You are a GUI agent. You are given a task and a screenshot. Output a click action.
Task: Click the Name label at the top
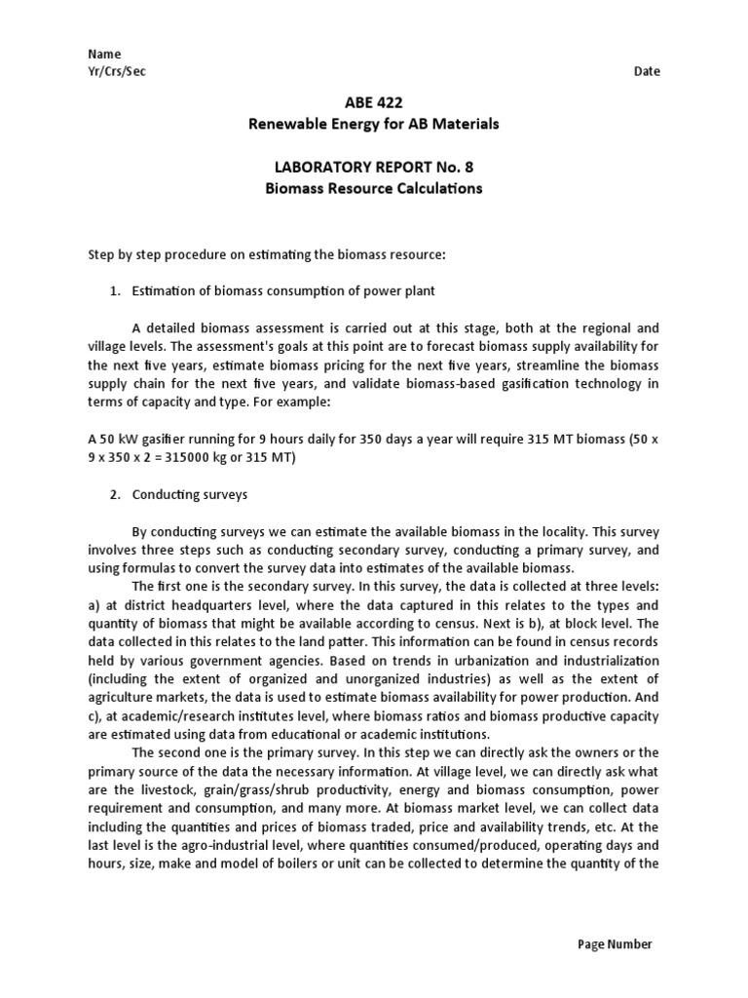click(104, 55)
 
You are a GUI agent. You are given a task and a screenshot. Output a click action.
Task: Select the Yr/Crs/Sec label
click(117, 72)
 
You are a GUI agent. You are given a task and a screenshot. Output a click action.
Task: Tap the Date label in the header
click(647, 72)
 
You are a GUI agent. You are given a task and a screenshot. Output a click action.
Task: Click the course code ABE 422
click(374, 103)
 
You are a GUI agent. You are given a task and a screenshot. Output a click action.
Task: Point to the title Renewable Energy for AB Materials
click(374, 124)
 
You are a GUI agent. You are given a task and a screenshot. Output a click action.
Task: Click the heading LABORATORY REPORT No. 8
click(374, 167)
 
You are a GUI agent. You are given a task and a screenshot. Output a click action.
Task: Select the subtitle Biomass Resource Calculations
click(374, 188)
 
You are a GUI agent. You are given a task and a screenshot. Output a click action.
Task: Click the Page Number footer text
click(615, 943)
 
